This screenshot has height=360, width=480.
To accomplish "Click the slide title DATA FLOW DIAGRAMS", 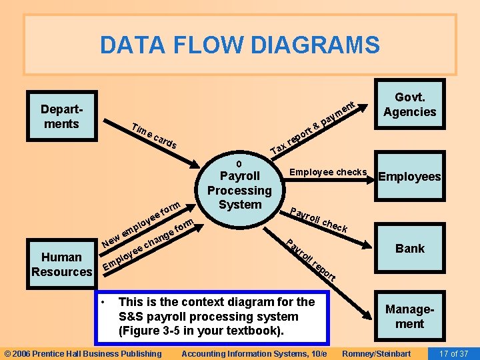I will (x=240, y=45).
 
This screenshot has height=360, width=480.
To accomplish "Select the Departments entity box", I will (x=60, y=117).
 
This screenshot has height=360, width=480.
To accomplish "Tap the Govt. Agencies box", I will (x=409, y=105).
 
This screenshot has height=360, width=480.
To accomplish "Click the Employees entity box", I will (x=409, y=177).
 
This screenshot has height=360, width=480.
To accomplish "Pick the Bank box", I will (x=409, y=249).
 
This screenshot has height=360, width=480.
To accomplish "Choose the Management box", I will (x=409, y=317).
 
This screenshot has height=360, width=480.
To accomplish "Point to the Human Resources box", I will (x=61, y=264).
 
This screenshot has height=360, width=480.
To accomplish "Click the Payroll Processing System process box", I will (x=240, y=190).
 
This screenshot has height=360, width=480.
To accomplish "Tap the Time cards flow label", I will (x=154, y=136).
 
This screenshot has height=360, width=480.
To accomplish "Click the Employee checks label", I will (x=328, y=173).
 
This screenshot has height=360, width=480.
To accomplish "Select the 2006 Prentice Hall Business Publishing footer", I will (x=83, y=353).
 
